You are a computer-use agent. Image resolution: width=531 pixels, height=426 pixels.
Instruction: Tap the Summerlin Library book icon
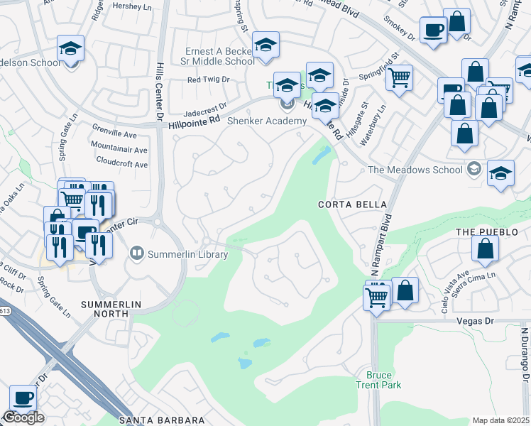(x=136, y=253)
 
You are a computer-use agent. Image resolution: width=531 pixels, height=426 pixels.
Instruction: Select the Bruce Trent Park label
(x=383, y=380)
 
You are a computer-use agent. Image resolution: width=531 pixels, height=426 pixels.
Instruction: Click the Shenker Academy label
(x=266, y=120)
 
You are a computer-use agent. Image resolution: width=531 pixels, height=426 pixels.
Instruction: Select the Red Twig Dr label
(x=208, y=80)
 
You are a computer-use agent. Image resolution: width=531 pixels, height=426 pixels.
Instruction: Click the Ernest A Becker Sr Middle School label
(x=219, y=56)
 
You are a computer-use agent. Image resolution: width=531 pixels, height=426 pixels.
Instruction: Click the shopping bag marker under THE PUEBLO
(x=486, y=249)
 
